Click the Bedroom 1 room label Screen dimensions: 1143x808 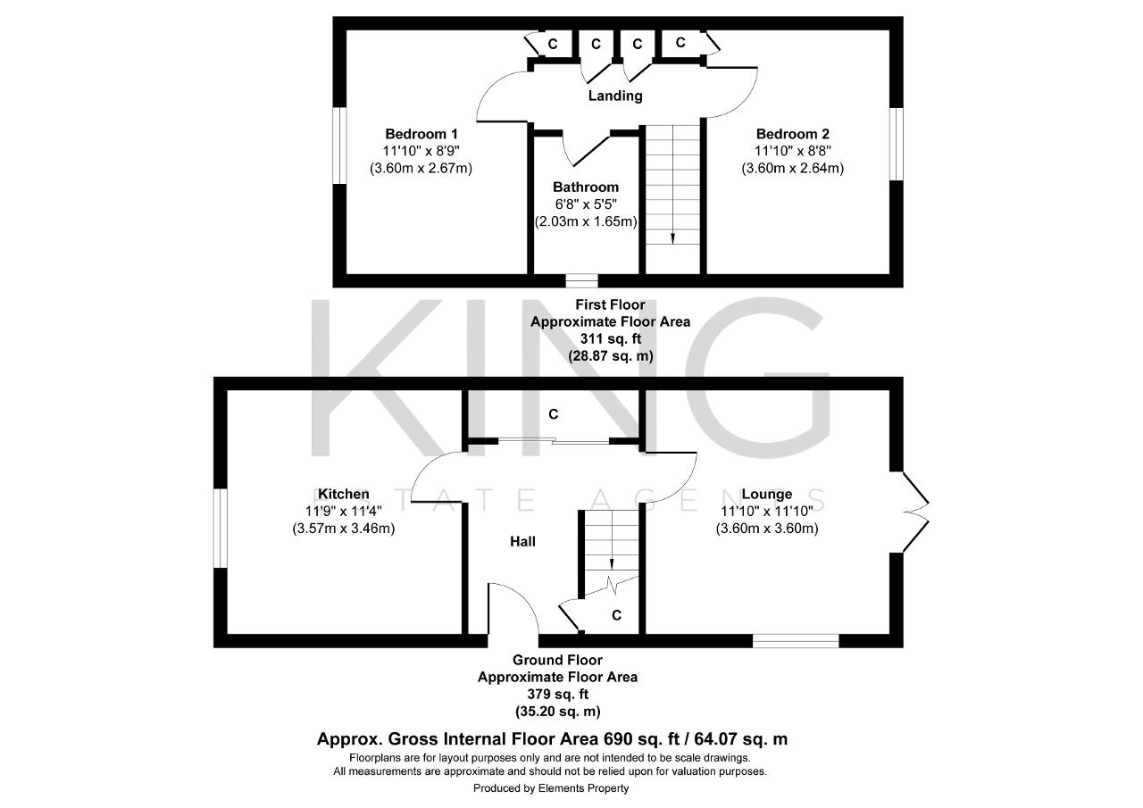(421, 134)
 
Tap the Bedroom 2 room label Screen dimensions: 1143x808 (792, 134)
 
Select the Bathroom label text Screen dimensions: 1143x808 (586, 187)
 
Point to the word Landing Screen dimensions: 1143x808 (615, 96)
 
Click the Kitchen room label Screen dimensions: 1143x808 (344, 494)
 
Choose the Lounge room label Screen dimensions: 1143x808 (767, 494)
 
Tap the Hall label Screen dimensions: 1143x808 (523, 542)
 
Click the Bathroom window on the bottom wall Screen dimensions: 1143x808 (581, 281)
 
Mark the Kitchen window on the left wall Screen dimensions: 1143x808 (221, 529)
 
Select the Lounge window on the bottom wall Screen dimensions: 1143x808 (796, 641)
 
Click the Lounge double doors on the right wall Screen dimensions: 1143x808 (915, 512)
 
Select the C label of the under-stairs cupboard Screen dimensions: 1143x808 (616, 616)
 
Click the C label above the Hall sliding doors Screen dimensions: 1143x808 (554, 414)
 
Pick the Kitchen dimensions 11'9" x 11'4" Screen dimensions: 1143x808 (344, 511)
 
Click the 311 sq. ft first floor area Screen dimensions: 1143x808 (610, 338)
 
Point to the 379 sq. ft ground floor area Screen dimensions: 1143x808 (558, 695)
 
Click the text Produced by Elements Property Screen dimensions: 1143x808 (551, 788)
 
